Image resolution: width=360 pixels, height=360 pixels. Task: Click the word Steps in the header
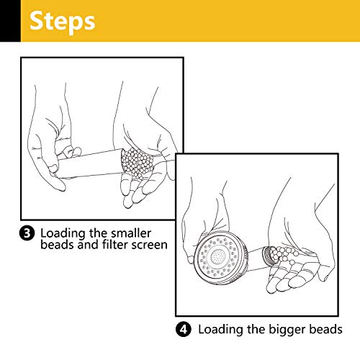pyautogui.click(x=62, y=22)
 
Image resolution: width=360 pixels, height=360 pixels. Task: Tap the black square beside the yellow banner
pyautogui.click(x=10, y=21)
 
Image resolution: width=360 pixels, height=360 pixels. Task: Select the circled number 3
pyautogui.click(x=27, y=233)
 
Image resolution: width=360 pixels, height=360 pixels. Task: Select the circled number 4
pyautogui.click(x=184, y=329)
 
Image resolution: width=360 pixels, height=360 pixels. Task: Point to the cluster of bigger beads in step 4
pyautogui.click(x=284, y=255)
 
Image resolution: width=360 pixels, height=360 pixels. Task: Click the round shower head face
pyautogui.click(x=219, y=258)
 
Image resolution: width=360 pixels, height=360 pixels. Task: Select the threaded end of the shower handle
pyautogui.click(x=267, y=256)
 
